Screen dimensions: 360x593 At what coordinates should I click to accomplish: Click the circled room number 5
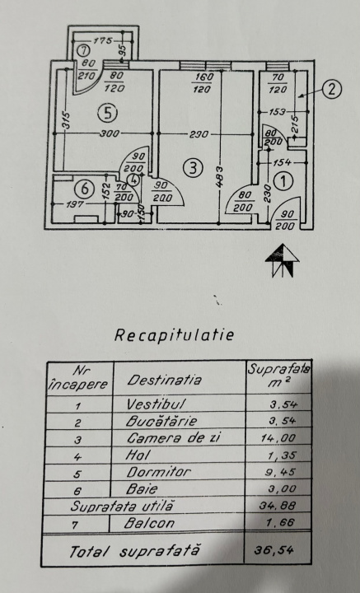click(x=107, y=113)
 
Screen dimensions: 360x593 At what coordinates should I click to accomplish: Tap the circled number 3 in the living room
click(x=194, y=168)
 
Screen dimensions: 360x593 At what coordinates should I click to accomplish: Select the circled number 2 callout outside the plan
click(x=331, y=89)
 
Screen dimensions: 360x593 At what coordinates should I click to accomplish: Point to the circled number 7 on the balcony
click(x=83, y=50)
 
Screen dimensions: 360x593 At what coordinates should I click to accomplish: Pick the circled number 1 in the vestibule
click(x=283, y=181)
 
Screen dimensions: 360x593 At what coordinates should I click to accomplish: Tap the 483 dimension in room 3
click(x=221, y=177)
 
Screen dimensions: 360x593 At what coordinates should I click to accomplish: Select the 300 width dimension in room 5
click(x=110, y=133)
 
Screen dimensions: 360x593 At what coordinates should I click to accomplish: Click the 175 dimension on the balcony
click(x=102, y=40)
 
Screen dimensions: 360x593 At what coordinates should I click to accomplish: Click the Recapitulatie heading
click(x=174, y=334)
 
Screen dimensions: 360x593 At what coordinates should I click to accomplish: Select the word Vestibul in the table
click(x=156, y=404)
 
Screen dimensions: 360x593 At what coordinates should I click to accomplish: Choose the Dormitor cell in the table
click(x=158, y=472)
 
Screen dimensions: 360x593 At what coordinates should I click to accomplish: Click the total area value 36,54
click(x=274, y=549)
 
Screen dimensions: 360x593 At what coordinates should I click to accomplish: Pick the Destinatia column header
click(x=164, y=380)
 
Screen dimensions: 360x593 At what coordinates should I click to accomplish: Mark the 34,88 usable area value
click(x=278, y=505)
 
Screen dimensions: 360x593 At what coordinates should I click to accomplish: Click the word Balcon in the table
click(x=149, y=523)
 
